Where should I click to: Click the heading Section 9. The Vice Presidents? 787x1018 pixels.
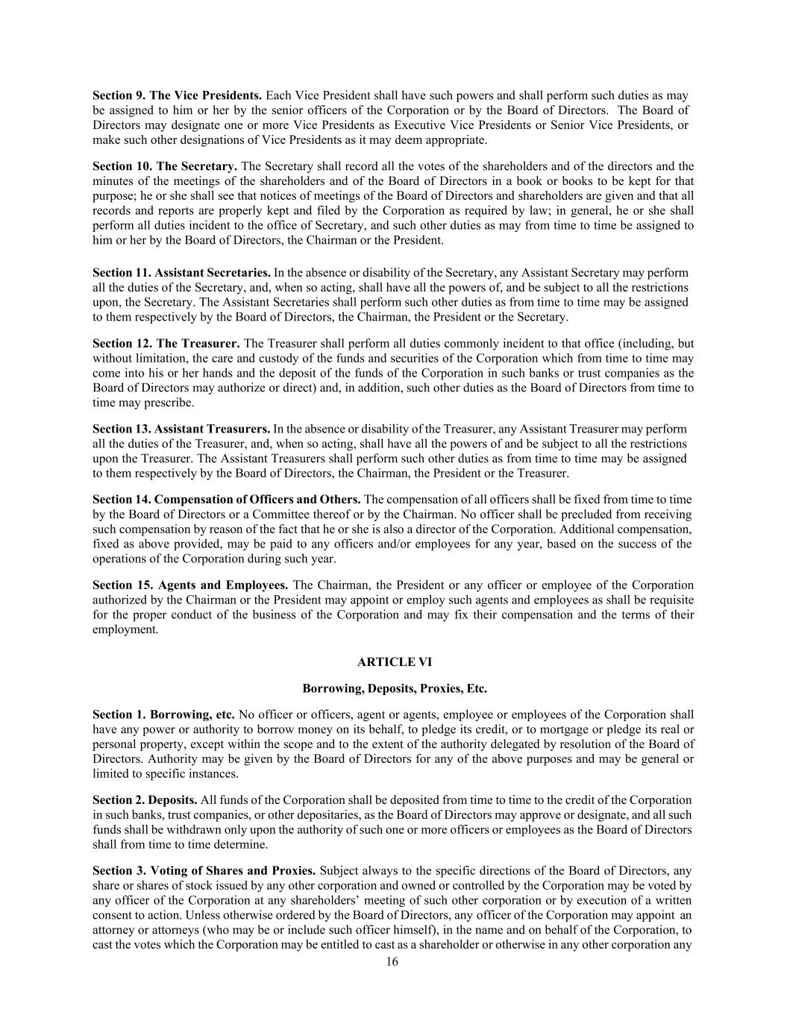tap(177, 95)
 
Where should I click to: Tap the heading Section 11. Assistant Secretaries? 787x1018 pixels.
tap(181, 272)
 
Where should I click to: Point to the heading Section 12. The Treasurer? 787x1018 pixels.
tap(166, 343)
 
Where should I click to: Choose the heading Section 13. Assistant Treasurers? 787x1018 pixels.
tap(181, 429)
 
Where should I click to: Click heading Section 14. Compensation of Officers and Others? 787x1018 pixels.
tap(226, 500)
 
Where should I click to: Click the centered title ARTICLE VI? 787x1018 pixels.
tap(394, 662)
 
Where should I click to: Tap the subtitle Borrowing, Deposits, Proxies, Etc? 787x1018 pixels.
tap(394, 688)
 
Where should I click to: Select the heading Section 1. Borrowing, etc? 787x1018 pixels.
tap(163, 714)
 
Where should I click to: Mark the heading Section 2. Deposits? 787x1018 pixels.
tap(145, 799)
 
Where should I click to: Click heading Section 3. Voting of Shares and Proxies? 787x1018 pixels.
tap(204, 870)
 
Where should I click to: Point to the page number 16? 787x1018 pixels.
tap(392, 962)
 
